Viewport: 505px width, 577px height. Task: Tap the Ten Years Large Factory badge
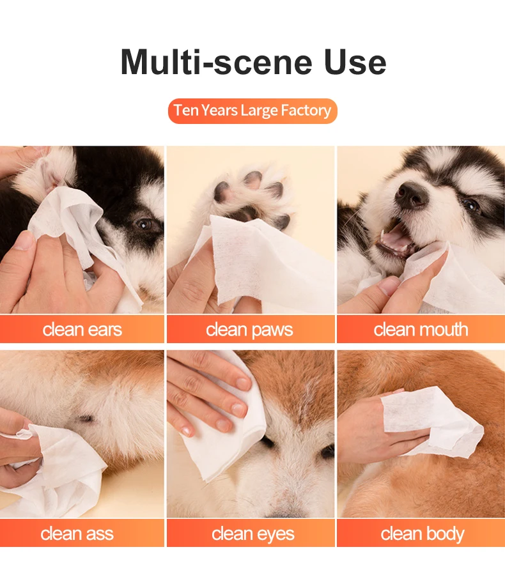click(x=252, y=111)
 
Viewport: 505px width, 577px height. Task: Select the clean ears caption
click(x=82, y=330)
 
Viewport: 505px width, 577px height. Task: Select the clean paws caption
click(x=249, y=330)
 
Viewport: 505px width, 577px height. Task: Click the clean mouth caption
click(x=421, y=330)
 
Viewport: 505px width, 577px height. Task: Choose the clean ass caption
click(x=77, y=534)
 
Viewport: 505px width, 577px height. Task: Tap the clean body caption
click(x=422, y=534)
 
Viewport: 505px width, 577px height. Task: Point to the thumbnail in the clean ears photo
click(x=24, y=241)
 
